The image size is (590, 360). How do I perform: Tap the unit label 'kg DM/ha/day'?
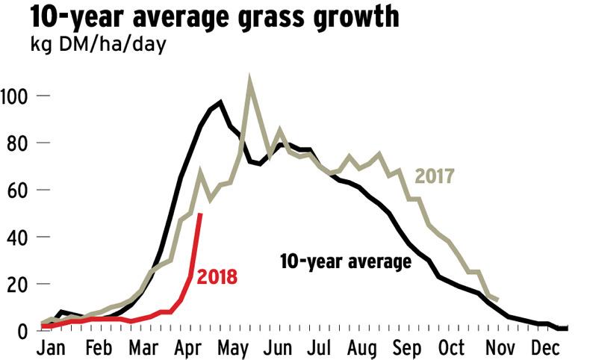click(87, 44)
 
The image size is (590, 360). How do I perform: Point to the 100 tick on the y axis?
click(16, 96)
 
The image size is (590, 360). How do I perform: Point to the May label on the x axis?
click(235, 348)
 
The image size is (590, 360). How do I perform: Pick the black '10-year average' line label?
click(346, 262)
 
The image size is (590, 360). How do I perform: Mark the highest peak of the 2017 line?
click(249, 81)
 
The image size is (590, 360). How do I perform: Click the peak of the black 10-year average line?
click(220, 102)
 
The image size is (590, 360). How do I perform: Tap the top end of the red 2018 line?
click(200, 214)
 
